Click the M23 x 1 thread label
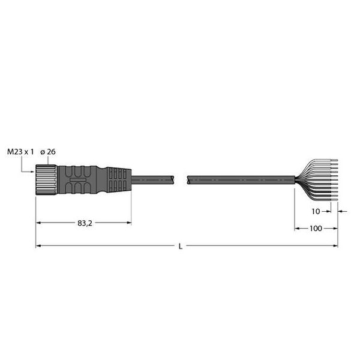(x=20, y=152)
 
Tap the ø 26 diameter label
(x=48, y=152)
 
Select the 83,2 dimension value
(x=85, y=223)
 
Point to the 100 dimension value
(x=316, y=228)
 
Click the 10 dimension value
(x=316, y=211)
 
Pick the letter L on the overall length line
(x=181, y=247)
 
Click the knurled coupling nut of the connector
(x=47, y=180)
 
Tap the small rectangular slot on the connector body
(x=78, y=180)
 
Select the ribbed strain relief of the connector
(x=119, y=180)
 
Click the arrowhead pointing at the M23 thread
(x=32, y=171)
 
